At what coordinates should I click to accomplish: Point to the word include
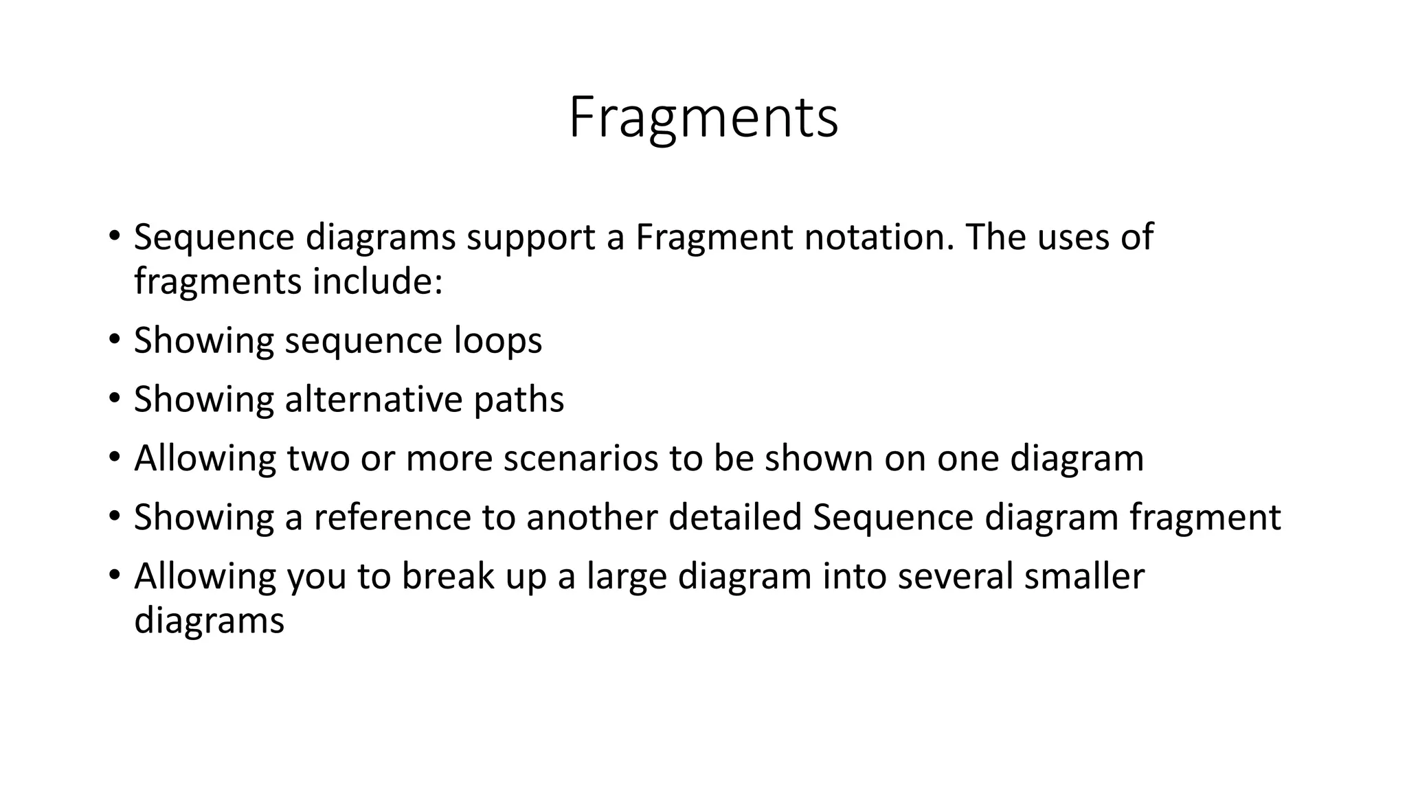click(x=377, y=282)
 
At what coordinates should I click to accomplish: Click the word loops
click(x=497, y=341)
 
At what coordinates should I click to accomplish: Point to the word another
click(x=592, y=517)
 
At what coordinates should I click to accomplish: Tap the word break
click(x=448, y=576)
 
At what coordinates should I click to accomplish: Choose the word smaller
click(x=1084, y=576)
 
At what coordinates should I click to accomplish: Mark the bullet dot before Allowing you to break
click(x=114, y=576)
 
